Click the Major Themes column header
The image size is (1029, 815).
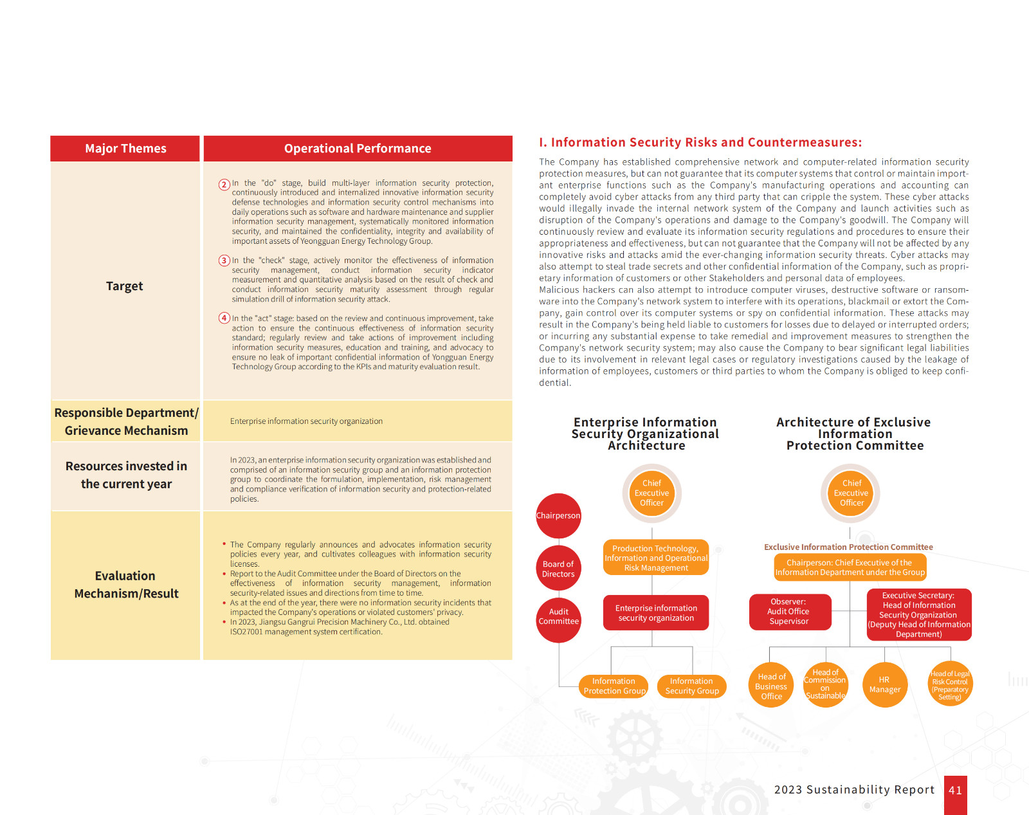(x=125, y=149)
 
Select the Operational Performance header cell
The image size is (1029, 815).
(x=358, y=149)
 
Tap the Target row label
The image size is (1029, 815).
(x=125, y=286)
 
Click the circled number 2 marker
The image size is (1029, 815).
(x=224, y=185)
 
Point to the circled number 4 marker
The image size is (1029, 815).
(x=224, y=318)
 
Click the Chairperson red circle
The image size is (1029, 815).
(x=558, y=516)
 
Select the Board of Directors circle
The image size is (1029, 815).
(x=558, y=569)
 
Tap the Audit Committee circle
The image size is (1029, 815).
(x=558, y=616)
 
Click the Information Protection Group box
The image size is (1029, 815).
(x=614, y=686)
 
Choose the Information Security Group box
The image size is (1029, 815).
(x=691, y=686)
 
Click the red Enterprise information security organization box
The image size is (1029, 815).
(x=656, y=612)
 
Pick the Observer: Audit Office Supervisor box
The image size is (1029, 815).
(x=789, y=612)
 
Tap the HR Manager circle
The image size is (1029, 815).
(x=885, y=684)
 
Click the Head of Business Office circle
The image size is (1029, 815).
(x=771, y=686)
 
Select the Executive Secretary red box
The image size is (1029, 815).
(x=918, y=615)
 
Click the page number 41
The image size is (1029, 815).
(x=955, y=791)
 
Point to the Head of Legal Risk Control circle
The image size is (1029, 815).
(x=950, y=684)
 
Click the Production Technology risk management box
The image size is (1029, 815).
(x=656, y=558)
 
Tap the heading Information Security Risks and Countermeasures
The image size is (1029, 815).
(x=700, y=143)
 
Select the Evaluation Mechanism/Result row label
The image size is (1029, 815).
(x=126, y=585)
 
